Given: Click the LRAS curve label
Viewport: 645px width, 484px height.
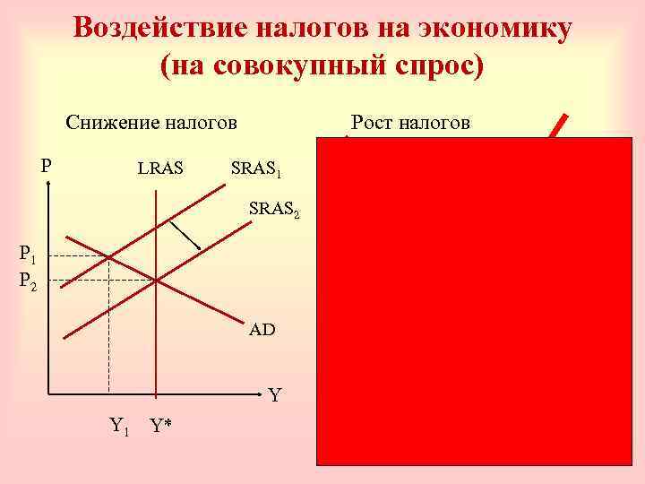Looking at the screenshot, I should tap(159, 168).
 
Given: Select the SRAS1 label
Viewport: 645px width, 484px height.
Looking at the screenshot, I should tap(256, 169).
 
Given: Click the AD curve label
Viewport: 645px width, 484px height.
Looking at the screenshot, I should tap(262, 330).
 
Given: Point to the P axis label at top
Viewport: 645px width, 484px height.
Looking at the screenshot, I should tap(47, 165).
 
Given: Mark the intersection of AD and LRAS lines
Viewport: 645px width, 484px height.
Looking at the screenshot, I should tap(157, 281).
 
